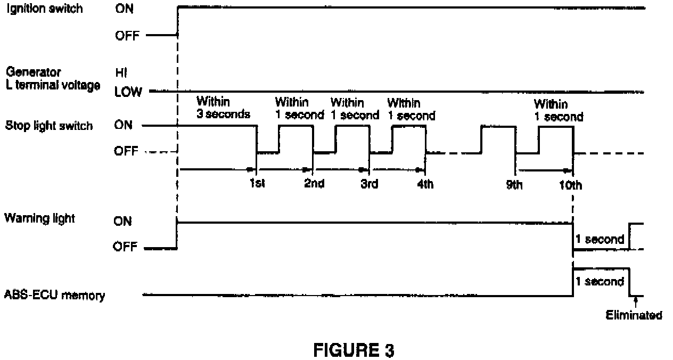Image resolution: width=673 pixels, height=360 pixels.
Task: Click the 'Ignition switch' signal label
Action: pyautogui.click(x=44, y=9)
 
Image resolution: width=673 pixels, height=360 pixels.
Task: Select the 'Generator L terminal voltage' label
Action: pyautogui.click(x=52, y=78)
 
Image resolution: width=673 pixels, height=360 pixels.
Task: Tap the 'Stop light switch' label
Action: pyautogui.click(x=48, y=126)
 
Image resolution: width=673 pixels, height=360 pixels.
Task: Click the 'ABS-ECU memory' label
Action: pyautogui.click(x=54, y=295)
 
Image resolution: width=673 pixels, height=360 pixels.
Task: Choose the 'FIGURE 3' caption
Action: pyautogui.click(x=354, y=351)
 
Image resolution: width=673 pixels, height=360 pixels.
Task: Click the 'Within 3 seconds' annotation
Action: pyautogui.click(x=223, y=108)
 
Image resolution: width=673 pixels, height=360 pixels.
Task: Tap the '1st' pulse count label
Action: pyautogui.click(x=257, y=185)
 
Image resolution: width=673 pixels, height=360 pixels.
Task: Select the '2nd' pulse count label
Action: pyautogui.click(x=314, y=185)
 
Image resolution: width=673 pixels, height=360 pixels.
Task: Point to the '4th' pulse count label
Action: pyautogui.click(x=425, y=185)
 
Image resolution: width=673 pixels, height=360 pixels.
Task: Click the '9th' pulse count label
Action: pyautogui.click(x=515, y=185)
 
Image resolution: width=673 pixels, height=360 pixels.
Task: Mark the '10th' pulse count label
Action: pyautogui.click(x=571, y=185)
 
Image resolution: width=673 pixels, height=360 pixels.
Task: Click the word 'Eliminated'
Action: pyautogui.click(x=634, y=315)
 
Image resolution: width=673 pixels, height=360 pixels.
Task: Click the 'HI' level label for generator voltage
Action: pyautogui.click(x=120, y=73)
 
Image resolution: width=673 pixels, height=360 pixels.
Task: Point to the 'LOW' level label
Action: pyautogui.click(x=128, y=92)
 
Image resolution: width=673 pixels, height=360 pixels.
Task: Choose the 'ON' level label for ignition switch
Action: pyautogui.click(x=124, y=9)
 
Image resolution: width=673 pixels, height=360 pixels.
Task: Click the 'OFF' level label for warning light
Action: pyautogui.click(x=125, y=247)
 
